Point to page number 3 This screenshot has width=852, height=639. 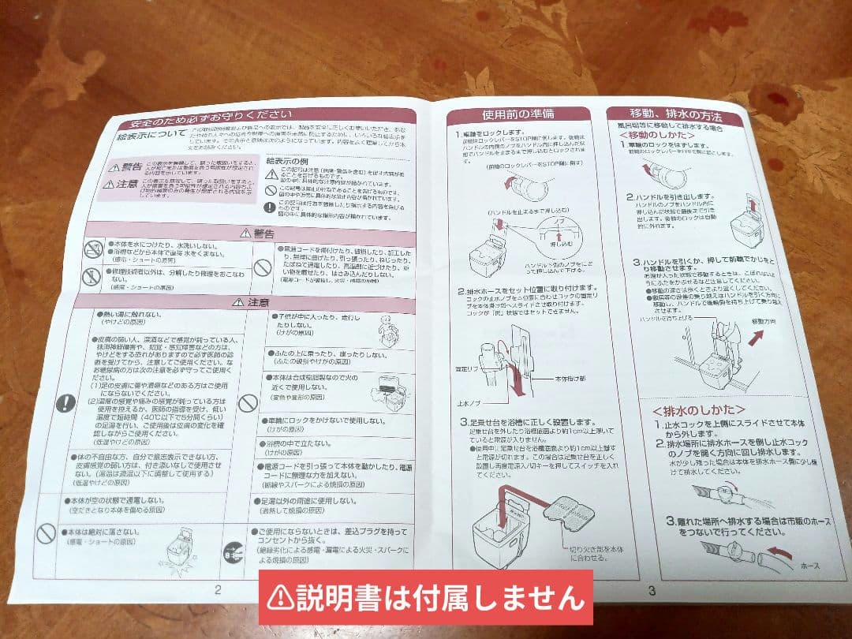coord(652,591)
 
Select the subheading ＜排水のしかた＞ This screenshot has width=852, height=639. coord(698,411)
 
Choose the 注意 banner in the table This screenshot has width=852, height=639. coord(253,302)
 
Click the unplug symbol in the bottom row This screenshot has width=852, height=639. coord(234,550)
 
